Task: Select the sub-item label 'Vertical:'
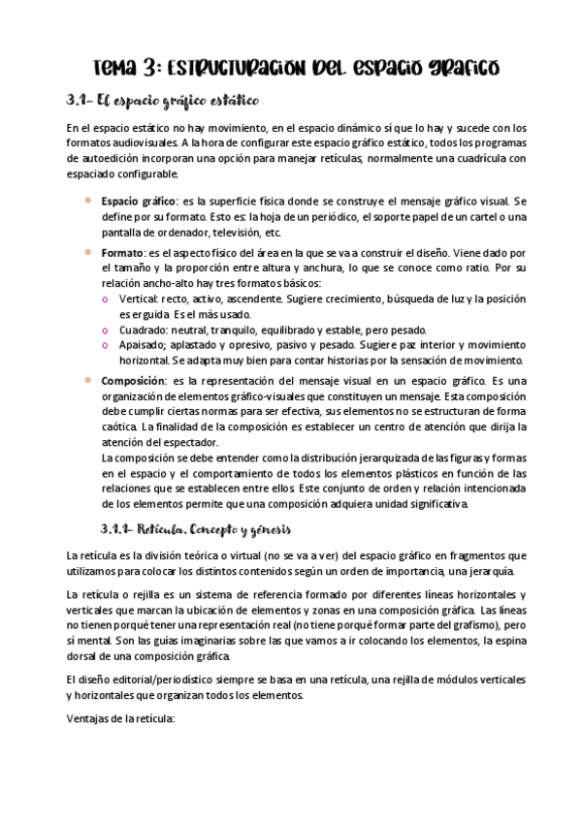(x=141, y=300)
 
